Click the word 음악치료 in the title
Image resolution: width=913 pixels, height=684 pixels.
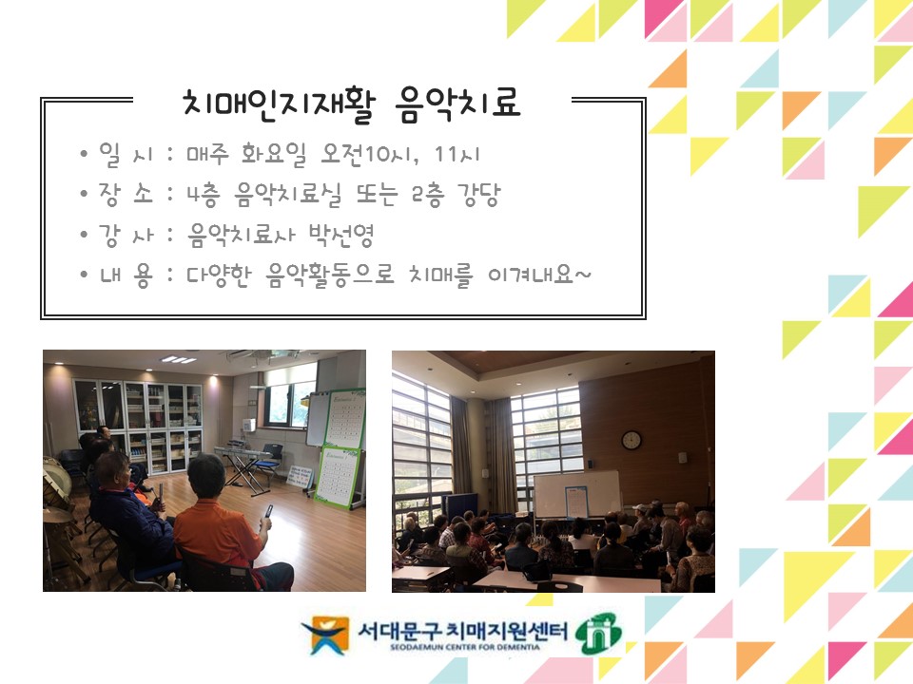point(457,104)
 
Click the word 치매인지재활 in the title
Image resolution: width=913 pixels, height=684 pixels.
point(279,104)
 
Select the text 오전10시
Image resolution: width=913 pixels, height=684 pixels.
point(369,154)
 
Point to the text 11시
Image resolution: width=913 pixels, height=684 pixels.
point(457,154)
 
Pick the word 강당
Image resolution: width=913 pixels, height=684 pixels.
point(478,194)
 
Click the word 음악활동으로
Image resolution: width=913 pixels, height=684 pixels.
point(330,275)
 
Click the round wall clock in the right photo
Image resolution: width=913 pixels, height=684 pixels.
point(631,440)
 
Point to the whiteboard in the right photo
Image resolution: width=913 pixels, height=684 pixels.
point(576,494)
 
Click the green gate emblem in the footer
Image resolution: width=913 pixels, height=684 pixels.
point(598,633)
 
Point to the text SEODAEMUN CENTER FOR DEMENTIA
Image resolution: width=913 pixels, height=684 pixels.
point(465,647)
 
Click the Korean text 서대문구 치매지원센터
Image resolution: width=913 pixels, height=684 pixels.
point(462,631)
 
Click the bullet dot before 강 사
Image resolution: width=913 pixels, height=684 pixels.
point(85,234)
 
